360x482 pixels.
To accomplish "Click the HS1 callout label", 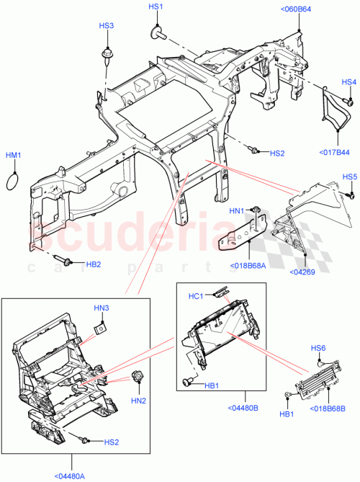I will click(x=156, y=6).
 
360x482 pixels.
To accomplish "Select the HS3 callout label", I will click(x=106, y=26).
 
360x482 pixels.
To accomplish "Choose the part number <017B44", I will click(x=334, y=152).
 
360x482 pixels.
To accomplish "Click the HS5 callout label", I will click(x=349, y=177).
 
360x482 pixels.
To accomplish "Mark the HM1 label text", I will click(x=14, y=155).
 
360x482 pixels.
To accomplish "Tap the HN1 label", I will click(x=238, y=211).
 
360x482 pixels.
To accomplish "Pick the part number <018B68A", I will click(x=248, y=265).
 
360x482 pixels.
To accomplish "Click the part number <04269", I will click(x=302, y=272).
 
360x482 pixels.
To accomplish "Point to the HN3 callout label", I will click(x=102, y=308).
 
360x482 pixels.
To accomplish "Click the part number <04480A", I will click(x=71, y=475).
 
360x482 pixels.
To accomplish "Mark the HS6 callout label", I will click(x=318, y=348).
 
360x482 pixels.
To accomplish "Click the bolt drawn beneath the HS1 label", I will click(x=156, y=32).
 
